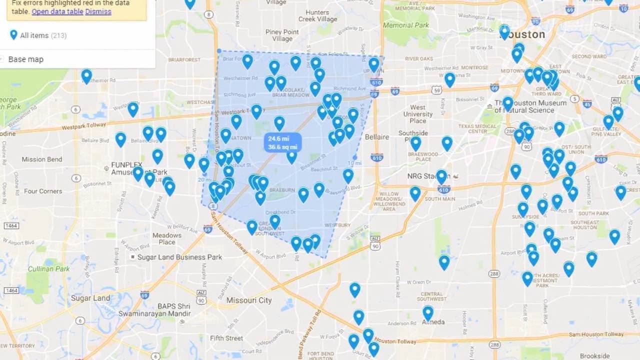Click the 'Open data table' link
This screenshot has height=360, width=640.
[57, 11]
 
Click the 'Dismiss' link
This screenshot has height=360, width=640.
[98, 11]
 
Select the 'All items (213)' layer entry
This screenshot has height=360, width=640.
[42, 35]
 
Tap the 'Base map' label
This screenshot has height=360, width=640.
[26, 59]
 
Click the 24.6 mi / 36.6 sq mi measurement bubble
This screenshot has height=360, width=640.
[282, 143]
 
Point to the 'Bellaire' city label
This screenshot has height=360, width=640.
[376, 137]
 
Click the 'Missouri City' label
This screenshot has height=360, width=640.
[249, 300]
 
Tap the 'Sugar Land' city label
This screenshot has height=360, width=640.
[90, 298]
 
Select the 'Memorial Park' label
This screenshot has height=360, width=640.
[406, 25]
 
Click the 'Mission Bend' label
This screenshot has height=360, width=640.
[42, 159]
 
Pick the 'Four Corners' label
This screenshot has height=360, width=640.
[43, 191]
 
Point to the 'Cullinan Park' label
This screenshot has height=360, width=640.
[48, 269]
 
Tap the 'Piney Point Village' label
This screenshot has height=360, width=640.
[282, 35]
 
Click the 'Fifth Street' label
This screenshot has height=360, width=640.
[226, 338]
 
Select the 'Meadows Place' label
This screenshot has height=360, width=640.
[167, 238]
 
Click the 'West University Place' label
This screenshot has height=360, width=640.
[418, 114]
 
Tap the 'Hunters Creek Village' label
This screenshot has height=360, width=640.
[318, 16]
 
